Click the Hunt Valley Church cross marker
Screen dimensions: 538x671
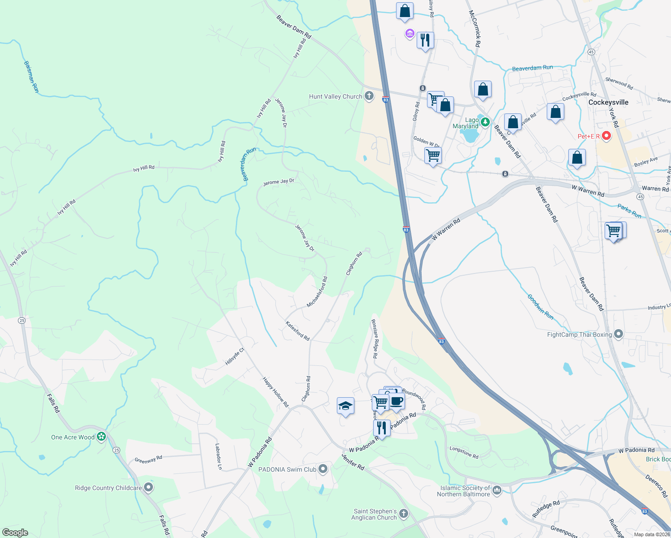369,96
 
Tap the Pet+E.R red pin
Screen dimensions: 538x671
606,135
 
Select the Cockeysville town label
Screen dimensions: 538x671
608,102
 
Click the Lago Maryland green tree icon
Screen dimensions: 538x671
484,121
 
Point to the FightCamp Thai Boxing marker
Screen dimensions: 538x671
619,334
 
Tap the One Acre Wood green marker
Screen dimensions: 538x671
101,436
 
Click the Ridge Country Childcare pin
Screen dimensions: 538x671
148,487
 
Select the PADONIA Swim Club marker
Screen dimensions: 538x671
322,469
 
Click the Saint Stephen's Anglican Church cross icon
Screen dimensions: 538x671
404,514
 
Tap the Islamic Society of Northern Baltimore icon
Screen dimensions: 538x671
497,490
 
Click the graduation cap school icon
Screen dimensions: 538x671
345,406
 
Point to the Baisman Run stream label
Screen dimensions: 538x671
31,77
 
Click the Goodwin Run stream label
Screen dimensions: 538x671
540,307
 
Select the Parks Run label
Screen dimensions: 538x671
629,211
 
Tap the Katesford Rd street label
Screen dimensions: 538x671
297,330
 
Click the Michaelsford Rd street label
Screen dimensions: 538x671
317,292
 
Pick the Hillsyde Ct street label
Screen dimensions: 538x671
235,356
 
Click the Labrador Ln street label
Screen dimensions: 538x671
218,456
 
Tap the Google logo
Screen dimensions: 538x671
15,532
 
